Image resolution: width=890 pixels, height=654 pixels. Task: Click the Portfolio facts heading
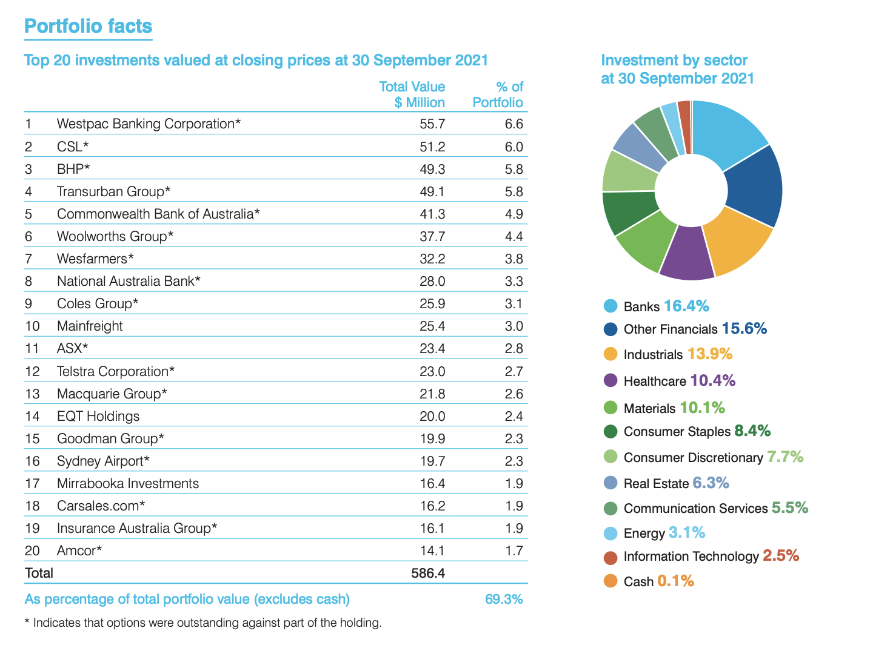[88, 27]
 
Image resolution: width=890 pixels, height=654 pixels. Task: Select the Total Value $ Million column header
[412, 94]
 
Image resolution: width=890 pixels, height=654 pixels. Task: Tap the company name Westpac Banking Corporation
[149, 124]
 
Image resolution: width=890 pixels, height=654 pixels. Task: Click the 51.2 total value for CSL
[432, 147]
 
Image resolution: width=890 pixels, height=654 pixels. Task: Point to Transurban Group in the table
[113, 192]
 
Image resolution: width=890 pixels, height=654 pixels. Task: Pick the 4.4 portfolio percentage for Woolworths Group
[514, 237]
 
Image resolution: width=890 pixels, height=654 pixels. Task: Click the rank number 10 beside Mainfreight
[32, 326]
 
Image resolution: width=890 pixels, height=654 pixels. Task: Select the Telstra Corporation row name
[116, 371]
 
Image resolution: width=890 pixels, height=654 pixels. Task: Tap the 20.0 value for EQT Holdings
[432, 417]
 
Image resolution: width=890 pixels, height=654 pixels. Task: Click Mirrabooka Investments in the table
[128, 484]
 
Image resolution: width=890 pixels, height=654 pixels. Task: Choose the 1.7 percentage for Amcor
[514, 551]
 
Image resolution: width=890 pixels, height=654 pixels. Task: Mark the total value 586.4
[428, 573]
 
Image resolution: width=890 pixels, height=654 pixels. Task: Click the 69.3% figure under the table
[504, 599]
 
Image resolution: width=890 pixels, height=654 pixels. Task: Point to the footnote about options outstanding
[203, 623]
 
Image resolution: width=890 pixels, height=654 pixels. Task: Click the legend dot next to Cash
[611, 581]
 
